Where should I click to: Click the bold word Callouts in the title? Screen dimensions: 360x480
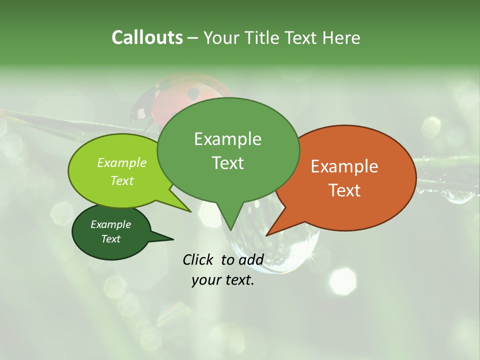click(147, 37)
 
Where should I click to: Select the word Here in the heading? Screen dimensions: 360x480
click(342, 37)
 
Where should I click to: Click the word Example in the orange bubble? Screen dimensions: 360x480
click(344, 166)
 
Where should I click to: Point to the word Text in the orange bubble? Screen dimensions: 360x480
click(344, 190)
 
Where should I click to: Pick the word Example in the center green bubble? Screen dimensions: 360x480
click(227, 139)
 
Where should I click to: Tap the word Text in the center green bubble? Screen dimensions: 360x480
click(227, 162)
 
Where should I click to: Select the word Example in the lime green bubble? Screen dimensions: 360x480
click(122, 162)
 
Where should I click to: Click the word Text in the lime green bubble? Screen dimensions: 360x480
click(122, 180)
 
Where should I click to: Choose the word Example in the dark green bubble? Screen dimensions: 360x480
click(110, 224)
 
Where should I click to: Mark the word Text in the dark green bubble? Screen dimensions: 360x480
click(110, 239)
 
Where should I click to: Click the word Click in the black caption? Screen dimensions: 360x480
click(199, 259)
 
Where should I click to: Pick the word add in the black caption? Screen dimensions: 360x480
click(251, 259)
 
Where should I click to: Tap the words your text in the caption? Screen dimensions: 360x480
click(223, 280)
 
